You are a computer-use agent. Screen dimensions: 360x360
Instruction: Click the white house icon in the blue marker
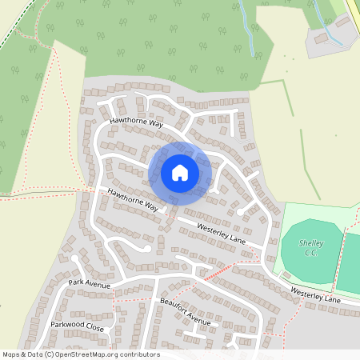(x=180, y=172)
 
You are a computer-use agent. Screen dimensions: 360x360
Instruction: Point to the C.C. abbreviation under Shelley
(x=310, y=254)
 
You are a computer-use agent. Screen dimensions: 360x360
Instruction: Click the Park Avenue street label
(x=88, y=282)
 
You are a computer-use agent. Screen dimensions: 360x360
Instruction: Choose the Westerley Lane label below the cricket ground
(x=315, y=295)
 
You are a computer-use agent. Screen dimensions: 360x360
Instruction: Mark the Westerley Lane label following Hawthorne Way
(x=221, y=230)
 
